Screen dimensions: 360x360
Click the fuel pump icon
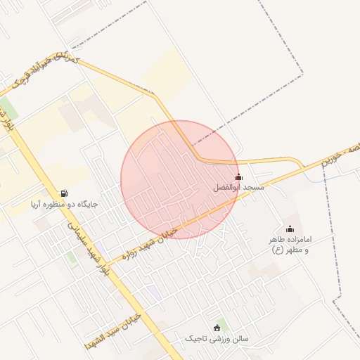click(65, 193)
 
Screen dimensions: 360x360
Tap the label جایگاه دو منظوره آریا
click(64, 205)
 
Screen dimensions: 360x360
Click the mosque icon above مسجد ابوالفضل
click(238, 177)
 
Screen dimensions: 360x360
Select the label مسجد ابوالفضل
click(238, 188)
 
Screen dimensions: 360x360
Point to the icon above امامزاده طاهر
click(290, 229)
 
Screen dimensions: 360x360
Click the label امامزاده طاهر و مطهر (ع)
click(290, 245)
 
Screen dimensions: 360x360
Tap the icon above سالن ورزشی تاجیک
click(217, 328)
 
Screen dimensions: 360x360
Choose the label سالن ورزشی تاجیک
click(217, 339)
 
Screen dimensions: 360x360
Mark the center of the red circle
click(179, 179)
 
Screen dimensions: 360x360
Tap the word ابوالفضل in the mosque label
click(228, 188)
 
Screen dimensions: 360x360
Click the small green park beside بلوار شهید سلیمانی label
click(72, 257)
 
